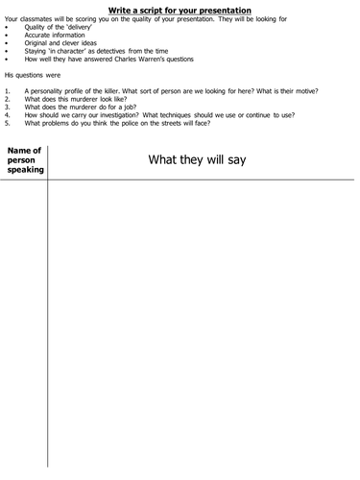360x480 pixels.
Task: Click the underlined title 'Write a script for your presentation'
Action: click(180, 11)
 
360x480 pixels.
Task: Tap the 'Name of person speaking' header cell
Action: click(24, 160)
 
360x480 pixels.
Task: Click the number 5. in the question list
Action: click(8, 123)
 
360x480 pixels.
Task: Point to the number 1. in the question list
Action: click(8, 90)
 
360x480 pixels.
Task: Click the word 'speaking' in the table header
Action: click(24, 170)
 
